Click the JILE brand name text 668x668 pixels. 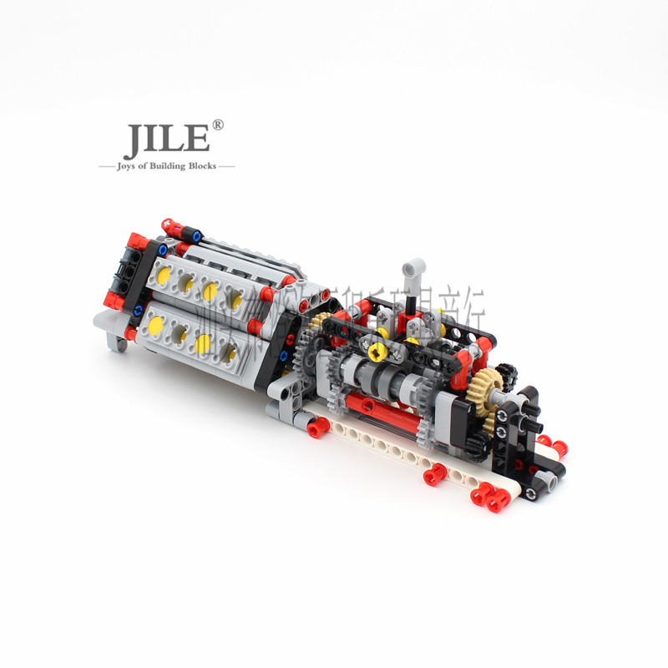point(165,141)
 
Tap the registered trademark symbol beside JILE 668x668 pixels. point(218,125)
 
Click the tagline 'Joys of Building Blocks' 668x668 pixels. point(167,166)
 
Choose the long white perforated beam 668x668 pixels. point(392,452)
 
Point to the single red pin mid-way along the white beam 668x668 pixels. point(434,475)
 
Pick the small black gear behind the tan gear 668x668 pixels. point(506,373)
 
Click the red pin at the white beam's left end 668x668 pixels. point(317,428)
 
